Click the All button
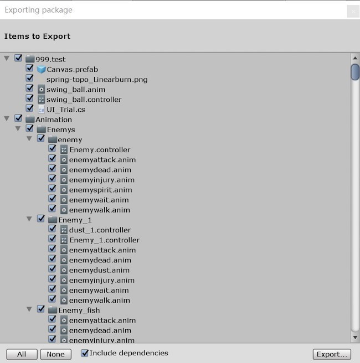pos(22,354)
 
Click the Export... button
pos(332,354)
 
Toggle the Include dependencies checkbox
pos(85,353)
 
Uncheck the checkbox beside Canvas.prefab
pos(30,69)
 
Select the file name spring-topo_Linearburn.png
pos(96,79)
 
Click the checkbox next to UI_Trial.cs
pos(30,109)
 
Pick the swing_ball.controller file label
pos(84,100)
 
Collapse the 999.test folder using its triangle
pos(7,58)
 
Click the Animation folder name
pos(54,120)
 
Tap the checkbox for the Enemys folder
pos(30,129)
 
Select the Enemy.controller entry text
pos(100,149)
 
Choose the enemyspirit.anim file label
pos(100,190)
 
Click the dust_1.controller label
pos(100,230)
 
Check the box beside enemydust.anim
pos(52,269)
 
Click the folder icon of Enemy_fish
pos(53,310)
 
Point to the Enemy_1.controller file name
pos(104,240)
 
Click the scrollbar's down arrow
pos(355,336)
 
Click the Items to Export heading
pos(37,37)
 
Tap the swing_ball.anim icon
pos(41,89)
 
